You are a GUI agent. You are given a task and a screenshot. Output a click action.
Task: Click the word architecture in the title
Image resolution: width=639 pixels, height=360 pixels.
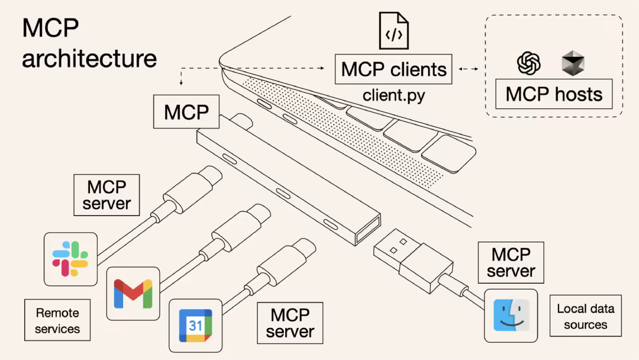tap(89, 59)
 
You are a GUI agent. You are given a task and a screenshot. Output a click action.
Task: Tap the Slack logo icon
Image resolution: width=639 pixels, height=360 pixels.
tap(70, 259)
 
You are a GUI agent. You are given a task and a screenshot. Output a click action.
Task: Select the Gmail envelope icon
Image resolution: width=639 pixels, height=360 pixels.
tap(133, 293)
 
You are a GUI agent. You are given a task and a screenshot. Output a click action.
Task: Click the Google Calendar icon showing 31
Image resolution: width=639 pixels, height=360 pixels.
tap(196, 325)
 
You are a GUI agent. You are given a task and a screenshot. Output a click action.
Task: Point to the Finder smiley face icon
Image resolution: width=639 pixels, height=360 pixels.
tap(511, 315)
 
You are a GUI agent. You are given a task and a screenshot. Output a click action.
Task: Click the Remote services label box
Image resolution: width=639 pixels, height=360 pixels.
tap(57, 320)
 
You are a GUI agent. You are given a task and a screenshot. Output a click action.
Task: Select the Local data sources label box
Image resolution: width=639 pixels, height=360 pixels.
tap(586, 316)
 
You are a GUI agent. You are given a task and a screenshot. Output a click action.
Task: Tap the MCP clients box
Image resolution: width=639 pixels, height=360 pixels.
tap(393, 69)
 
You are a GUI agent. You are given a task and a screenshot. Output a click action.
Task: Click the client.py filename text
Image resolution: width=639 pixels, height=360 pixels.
tap(393, 95)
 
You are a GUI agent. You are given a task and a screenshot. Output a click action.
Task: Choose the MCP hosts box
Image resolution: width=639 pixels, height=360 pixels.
tap(554, 95)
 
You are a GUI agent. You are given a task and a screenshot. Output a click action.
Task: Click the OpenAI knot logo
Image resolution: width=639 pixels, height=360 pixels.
tap(528, 63)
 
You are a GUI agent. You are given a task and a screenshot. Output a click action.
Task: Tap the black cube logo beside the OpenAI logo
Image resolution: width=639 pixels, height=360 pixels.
tap(572, 63)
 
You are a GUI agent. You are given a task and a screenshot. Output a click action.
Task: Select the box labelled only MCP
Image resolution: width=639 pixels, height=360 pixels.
tap(187, 112)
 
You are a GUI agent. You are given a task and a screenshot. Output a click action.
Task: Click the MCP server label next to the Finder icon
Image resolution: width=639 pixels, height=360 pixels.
tap(511, 263)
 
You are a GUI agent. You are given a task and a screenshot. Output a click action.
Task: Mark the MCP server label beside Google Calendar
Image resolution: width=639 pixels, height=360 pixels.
tap(290, 323)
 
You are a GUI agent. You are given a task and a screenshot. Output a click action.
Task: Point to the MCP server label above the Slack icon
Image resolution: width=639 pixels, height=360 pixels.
tap(106, 195)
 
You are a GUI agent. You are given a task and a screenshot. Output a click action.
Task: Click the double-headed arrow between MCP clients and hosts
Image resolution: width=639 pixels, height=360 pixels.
tap(469, 69)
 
